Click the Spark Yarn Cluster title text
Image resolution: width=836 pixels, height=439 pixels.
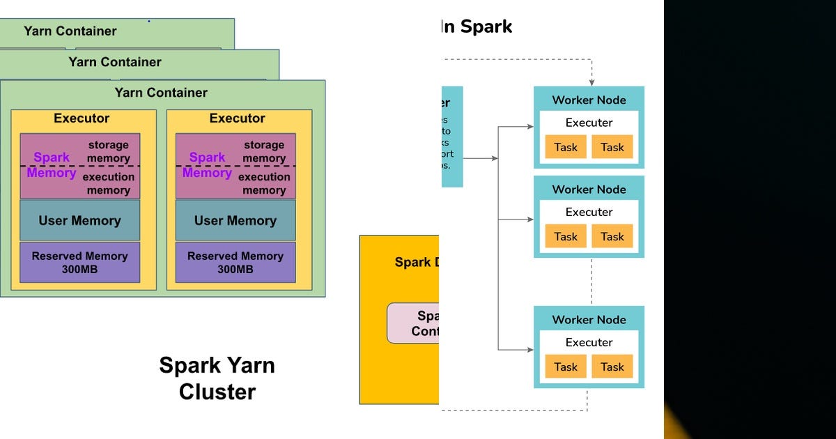[217, 378]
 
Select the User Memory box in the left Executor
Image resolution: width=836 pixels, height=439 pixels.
[79, 221]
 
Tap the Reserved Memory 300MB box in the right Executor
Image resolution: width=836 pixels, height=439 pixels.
[235, 263]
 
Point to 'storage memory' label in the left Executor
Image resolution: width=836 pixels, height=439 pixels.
[108, 152]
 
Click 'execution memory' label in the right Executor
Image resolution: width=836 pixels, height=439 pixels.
[264, 183]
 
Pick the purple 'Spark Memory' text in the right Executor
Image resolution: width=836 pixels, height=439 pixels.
[207, 165]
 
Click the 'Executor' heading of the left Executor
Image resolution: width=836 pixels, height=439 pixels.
[82, 118]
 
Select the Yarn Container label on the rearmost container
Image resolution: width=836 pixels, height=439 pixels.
[70, 31]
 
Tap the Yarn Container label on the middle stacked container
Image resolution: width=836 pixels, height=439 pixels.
[114, 62]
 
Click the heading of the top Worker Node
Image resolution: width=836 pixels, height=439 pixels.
[589, 100]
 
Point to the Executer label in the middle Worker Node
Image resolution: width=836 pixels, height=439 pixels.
[589, 212]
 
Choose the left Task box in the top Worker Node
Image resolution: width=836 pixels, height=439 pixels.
[566, 147]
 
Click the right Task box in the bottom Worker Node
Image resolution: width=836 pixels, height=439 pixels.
[612, 367]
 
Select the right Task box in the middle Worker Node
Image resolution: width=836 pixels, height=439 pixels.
[612, 236]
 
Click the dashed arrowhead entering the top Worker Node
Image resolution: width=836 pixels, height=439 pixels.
[591, 82]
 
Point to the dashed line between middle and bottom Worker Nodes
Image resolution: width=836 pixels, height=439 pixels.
[591, 282]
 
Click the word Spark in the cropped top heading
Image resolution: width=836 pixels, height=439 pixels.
[486, 27]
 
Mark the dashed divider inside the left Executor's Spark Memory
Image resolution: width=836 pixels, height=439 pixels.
[79, 166]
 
